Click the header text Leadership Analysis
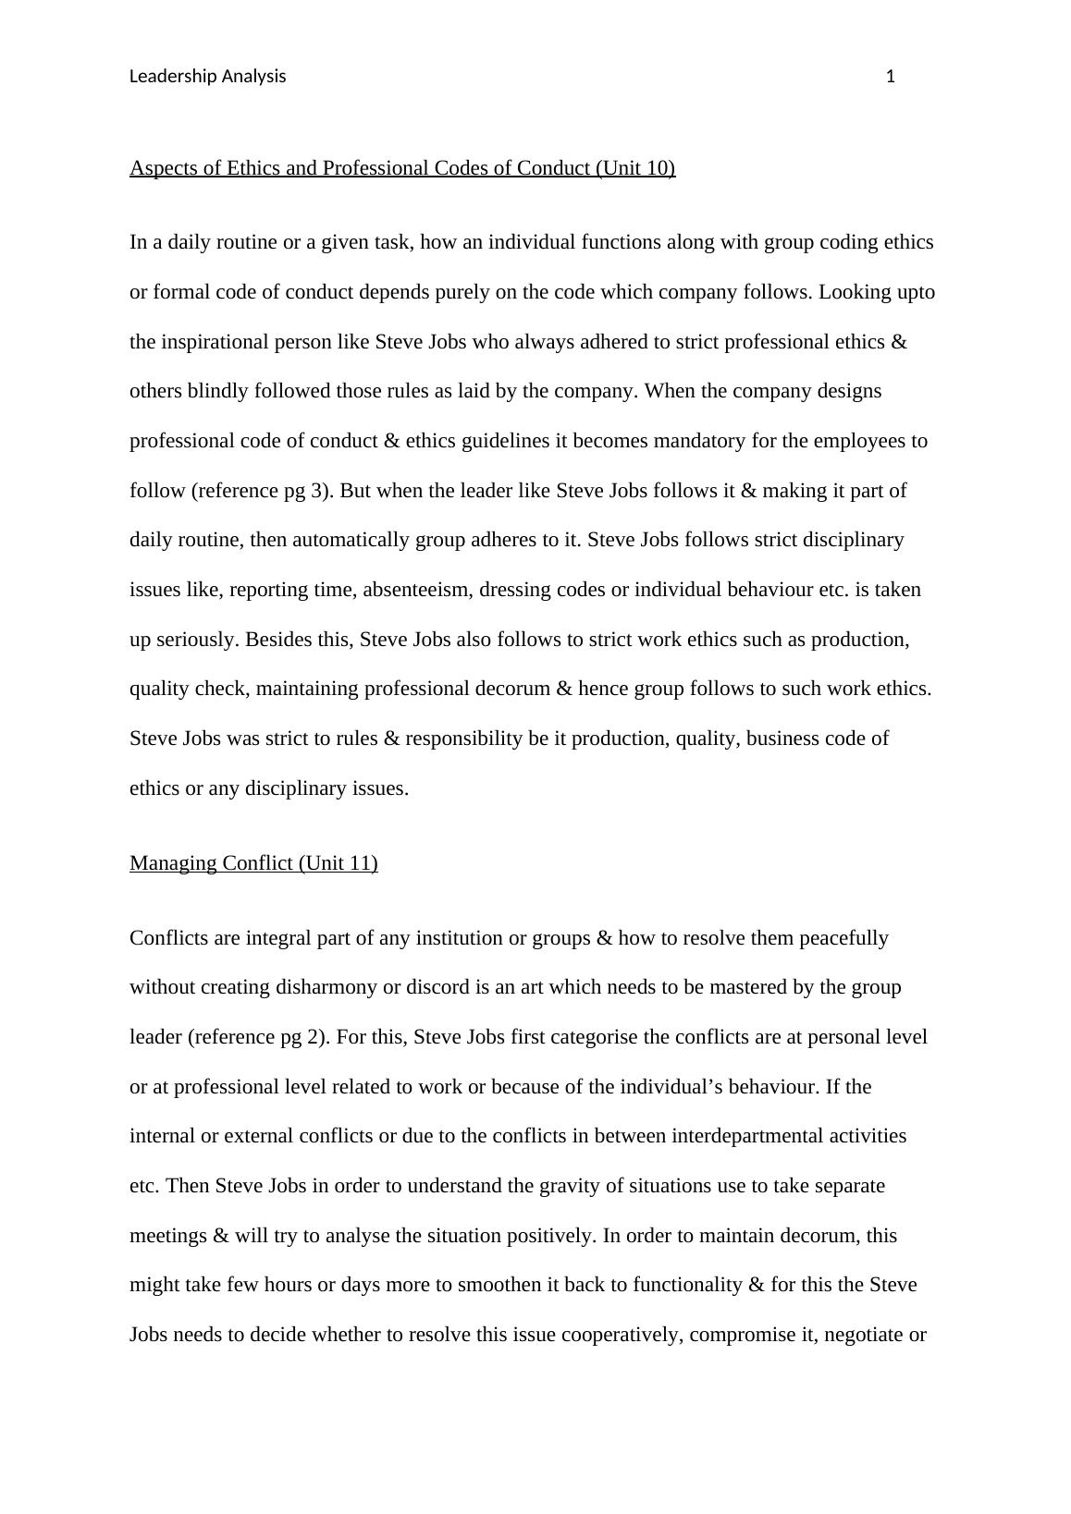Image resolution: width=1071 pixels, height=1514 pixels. coord(207,77)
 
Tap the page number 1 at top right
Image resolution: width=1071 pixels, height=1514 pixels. coord(891,77)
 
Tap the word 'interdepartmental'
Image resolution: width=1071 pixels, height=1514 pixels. coord(750,1136)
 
